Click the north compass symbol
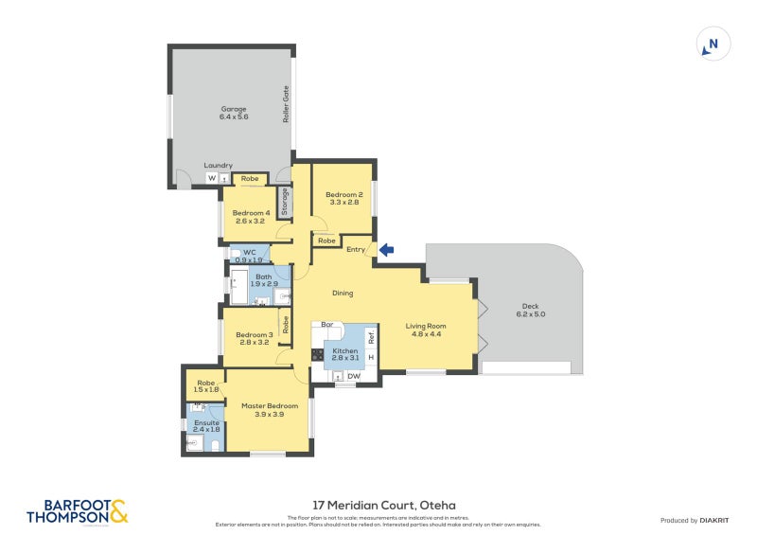(x=713, y=44)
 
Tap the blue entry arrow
(x=386, y=250)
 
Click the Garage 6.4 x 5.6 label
(x=233, y=113)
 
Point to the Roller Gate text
(x=285, y=104)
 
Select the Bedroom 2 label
(x=345, y=198)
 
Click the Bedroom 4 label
(x=253, y=218)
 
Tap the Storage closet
(x=284, y=203)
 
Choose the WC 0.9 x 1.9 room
(x=250, y=255)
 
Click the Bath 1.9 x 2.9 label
(x=264, y=280)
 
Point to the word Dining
(x=343, y=294)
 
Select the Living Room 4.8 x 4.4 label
(x=426, y=330)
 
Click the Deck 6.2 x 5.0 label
(x=533, y=310)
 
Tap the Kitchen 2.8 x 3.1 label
(x=344, y=355)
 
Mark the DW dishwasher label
(x=353, y=377)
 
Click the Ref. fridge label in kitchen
(x=371, y=336)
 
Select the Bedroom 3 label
(x=254, y=338)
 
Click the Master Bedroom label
(x=263, y=410)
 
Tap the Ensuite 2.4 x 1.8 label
(x=205, y=426)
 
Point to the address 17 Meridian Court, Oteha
(x=378, y=506)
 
